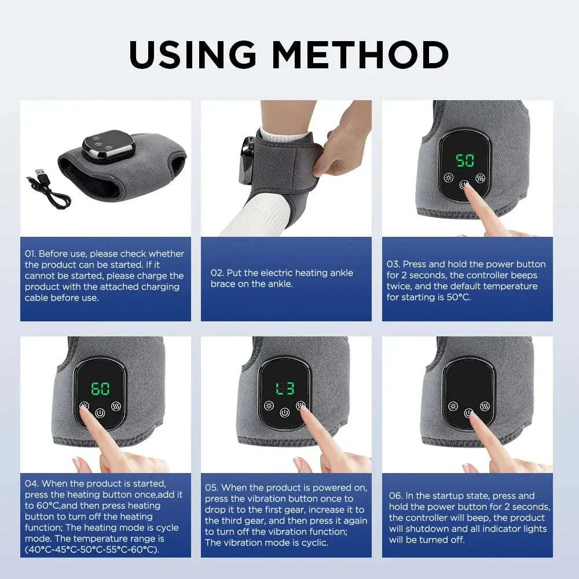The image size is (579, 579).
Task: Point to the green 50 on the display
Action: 465,160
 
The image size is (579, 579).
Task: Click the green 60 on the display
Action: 100,388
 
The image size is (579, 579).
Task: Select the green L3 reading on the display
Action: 284,388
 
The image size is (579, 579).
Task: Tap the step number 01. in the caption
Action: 31,254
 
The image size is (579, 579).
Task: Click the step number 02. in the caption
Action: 217,273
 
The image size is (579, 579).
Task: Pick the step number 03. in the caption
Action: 394,264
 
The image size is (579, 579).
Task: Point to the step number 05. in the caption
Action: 212,488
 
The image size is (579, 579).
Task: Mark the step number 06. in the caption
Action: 396,496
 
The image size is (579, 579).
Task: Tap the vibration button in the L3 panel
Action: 301,405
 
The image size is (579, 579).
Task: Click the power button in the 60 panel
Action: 100,413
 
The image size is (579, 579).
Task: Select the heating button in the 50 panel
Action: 448,177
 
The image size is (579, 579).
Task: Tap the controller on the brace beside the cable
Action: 105,146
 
